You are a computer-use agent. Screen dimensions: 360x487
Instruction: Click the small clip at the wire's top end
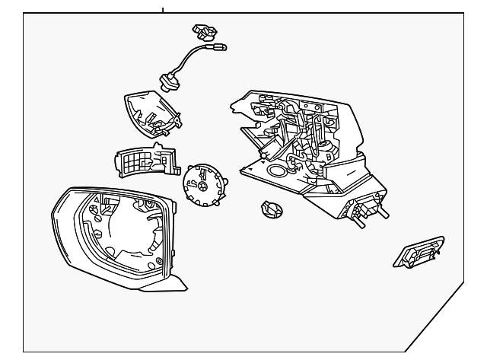(x=203, y=32)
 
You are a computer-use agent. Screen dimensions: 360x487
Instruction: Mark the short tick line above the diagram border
(x=163, y=10)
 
